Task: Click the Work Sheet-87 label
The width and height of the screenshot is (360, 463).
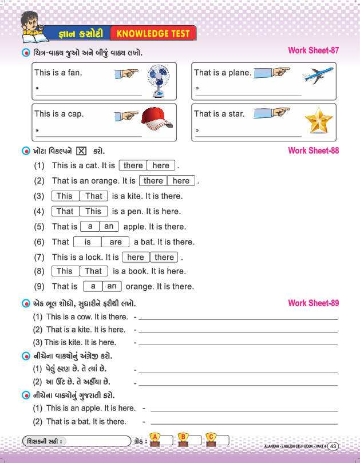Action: [314, 50]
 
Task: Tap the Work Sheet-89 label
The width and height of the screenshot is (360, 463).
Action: [314, 303]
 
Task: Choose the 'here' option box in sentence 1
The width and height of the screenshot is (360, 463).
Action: [161, 165]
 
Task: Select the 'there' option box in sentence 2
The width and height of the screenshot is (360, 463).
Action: [153, 181]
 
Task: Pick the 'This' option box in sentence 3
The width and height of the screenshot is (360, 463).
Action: [65, 196]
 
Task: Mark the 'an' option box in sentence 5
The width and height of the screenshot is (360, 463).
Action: [109, 226]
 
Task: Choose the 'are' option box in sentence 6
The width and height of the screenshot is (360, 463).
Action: [115, 242]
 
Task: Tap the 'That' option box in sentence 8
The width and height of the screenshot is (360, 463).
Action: [93, 271]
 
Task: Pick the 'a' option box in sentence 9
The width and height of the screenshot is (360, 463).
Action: [93, 286]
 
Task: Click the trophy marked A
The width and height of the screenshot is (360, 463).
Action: [154, 440]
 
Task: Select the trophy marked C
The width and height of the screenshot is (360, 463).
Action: [211, 440]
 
